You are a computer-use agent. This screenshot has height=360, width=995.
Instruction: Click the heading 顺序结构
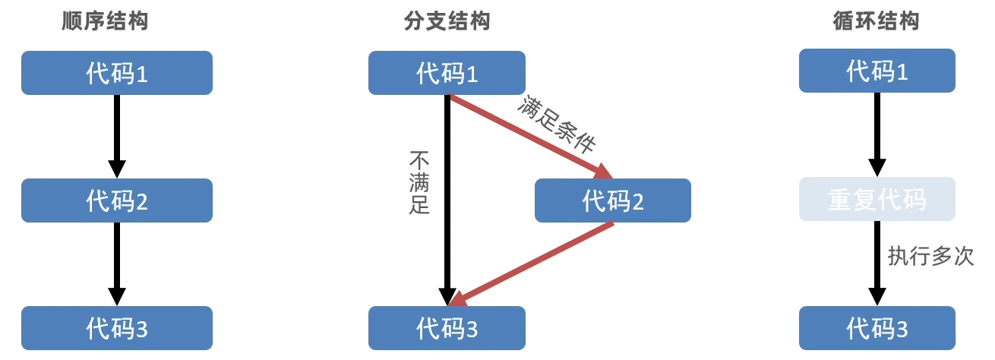pos(104,21)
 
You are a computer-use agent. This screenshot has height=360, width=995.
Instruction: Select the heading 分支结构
pos(447,21)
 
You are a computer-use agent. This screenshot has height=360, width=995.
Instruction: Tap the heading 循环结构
pos(877,21)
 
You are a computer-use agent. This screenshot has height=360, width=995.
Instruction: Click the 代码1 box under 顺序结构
pos(116,73)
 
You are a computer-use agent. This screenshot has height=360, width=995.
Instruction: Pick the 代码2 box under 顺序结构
pos(116,201)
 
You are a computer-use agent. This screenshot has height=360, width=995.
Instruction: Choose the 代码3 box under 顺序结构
pos(116,328)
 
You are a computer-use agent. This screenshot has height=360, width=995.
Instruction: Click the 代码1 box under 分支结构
pos(447,73)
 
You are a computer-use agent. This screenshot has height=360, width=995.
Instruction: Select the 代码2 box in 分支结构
pos(612,201)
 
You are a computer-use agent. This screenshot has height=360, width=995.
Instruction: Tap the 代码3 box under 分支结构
pos(447,328)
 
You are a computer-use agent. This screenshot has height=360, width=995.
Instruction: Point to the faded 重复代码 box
pos(877,199)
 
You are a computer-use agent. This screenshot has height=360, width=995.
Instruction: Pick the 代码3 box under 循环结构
pos(877,328)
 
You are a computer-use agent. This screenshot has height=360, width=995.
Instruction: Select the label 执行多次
pos(930,255)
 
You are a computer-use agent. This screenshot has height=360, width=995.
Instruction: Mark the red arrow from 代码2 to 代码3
pos(532,262)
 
